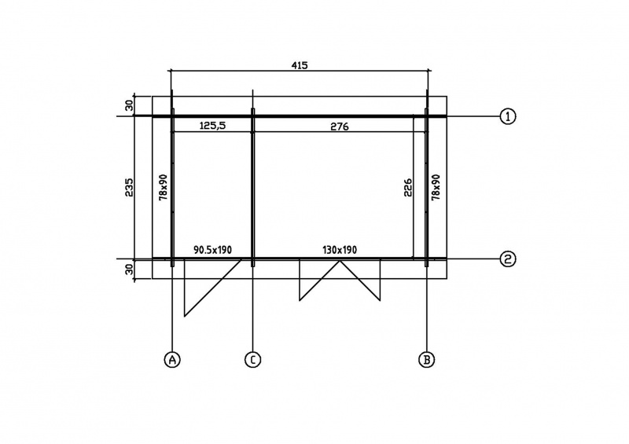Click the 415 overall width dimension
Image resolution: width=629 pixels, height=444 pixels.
pos(300,65)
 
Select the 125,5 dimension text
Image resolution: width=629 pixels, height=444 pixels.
pos(212,126)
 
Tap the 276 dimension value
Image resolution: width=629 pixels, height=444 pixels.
pos(340,127)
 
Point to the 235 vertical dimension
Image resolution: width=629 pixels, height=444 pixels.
pos(129,187)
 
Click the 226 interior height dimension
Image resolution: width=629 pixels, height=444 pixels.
pos(406,187)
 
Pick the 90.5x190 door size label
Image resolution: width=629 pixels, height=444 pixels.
pos(212,250)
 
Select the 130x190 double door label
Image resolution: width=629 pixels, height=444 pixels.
pos(340,250)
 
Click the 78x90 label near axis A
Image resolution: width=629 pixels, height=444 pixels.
pos(164,187)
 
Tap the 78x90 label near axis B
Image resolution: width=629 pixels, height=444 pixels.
pos(436,187)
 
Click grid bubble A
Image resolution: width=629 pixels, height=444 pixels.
pos(172,359)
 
